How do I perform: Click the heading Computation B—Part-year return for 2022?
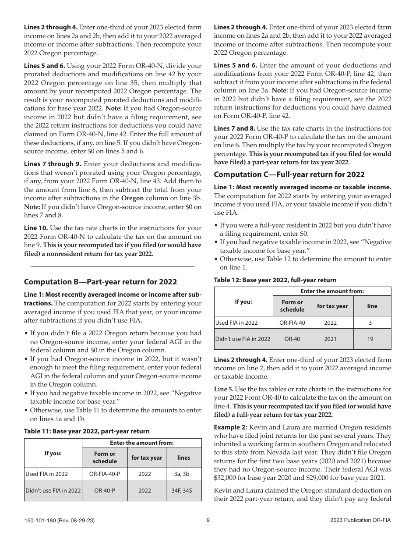(100, 281)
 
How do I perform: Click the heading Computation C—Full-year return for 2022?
(289, 174)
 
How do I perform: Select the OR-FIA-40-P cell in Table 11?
(105, 474)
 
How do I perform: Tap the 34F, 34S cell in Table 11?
(183, 491)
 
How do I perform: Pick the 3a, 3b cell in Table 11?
(183, 474)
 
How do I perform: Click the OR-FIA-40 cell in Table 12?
(292, 323)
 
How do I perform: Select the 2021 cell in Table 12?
(331, 339)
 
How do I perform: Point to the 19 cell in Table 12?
(372, 339)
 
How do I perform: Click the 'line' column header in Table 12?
(372, 306)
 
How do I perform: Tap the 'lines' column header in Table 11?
(183, 457)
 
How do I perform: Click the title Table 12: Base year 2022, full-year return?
(275, 280)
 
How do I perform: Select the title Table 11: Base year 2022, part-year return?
(87, 431)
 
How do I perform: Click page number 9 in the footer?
(208, 520)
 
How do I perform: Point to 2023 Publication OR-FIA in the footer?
(360, 520)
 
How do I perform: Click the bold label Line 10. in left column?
(36, 228)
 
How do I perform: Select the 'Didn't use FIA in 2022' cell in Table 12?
(243, 339)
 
